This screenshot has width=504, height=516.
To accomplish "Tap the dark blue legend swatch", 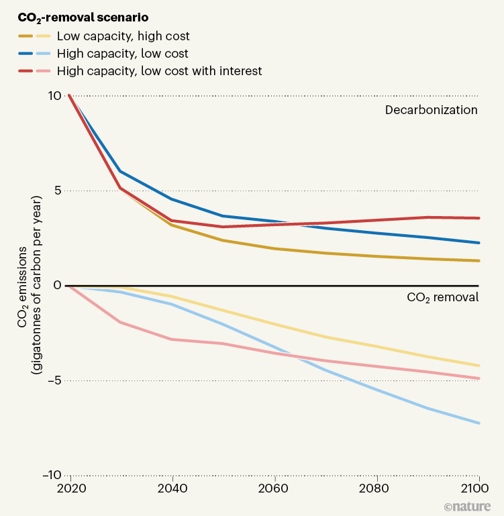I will click(28, 54).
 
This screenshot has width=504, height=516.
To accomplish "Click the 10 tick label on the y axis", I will click(55, 95).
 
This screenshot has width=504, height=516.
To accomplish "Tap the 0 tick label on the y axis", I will click(58, 285).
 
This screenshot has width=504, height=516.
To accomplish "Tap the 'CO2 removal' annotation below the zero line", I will click(442, 297).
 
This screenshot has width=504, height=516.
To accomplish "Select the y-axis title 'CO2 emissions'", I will click(22, 285).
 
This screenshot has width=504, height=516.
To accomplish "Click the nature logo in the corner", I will click(468, 506).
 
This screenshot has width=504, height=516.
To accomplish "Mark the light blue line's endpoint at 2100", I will click(478, 423).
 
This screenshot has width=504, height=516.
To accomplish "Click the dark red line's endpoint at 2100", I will click(478, 218).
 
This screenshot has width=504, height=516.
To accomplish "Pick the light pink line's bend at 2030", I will click(120, 323).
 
